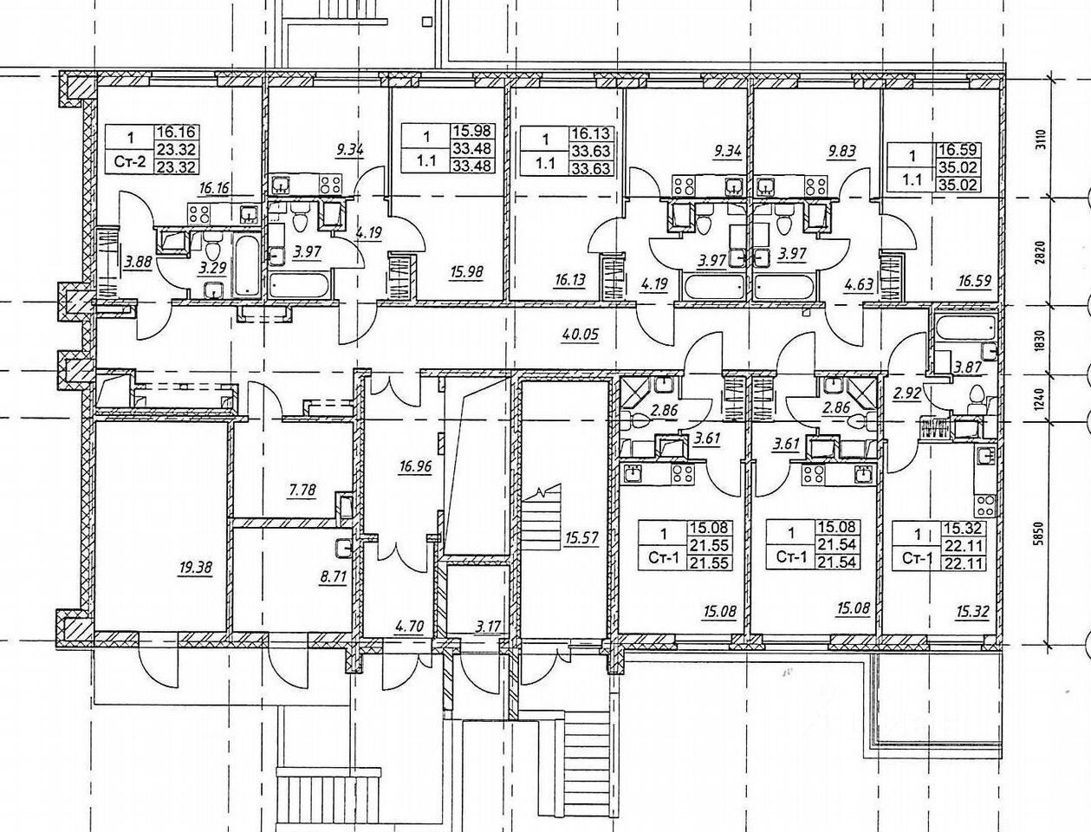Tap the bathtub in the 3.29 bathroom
244,265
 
